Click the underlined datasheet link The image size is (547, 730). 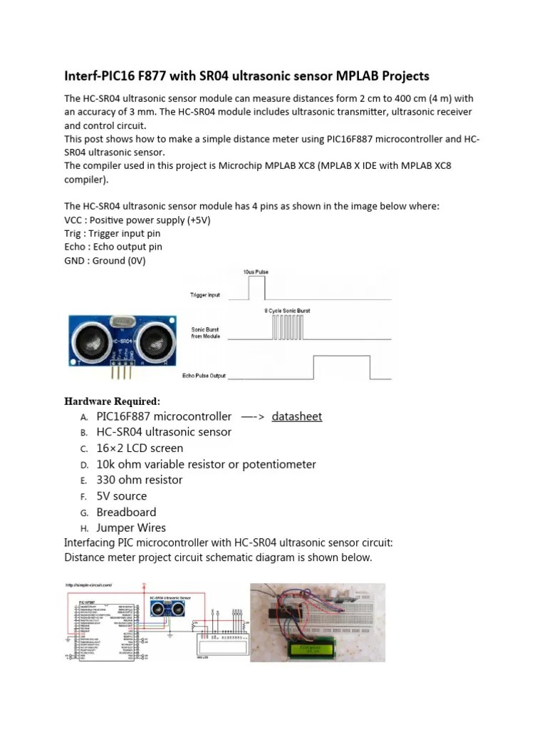(x=296, y=416)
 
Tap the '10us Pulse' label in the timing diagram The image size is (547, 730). (x=256, y=272)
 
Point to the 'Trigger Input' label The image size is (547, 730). (x=204, y=294)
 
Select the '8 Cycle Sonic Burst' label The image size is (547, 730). (x=287, y=311)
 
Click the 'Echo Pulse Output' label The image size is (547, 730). (x=204, y=376)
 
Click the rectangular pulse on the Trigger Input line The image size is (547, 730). (x=256, y=289)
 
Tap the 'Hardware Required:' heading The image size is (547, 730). (x=112, y=401)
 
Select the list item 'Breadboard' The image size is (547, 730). (x=126, y=512)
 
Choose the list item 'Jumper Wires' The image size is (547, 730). (x=131, y=528)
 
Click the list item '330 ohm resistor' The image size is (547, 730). (x=140, y=480)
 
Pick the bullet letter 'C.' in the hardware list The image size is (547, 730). (x=83, y=449)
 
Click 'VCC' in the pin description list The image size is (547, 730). (x=74, y=220)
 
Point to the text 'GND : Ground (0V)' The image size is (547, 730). (x=105, y=260)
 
